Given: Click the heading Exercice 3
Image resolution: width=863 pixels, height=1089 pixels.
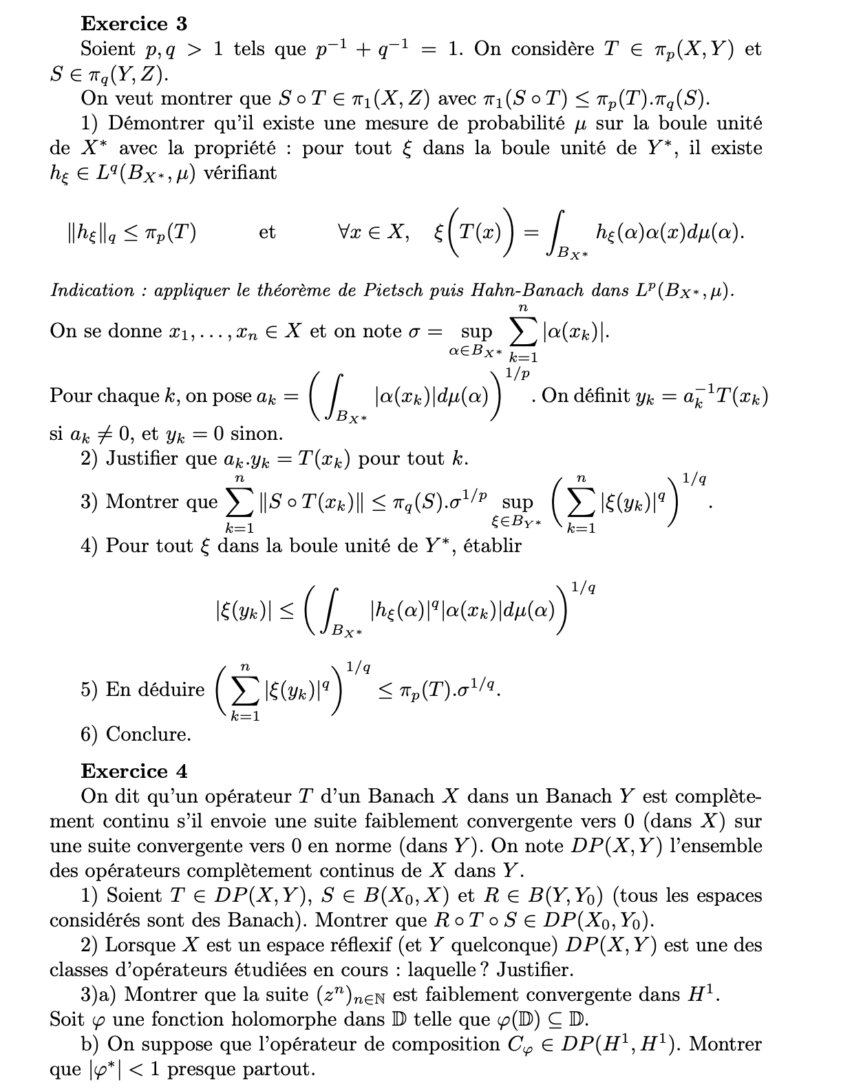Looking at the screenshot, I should pos(134,24).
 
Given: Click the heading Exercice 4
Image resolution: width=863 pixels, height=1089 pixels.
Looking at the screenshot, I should pos(134,772).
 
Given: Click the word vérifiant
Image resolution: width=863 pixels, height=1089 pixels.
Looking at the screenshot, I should pos(240,173).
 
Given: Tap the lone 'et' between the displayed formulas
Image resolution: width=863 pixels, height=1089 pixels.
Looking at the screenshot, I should pos(267,233).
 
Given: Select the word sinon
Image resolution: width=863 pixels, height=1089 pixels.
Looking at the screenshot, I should pos(256,434).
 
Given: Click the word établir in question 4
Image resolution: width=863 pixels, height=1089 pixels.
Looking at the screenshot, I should pos(492,547).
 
